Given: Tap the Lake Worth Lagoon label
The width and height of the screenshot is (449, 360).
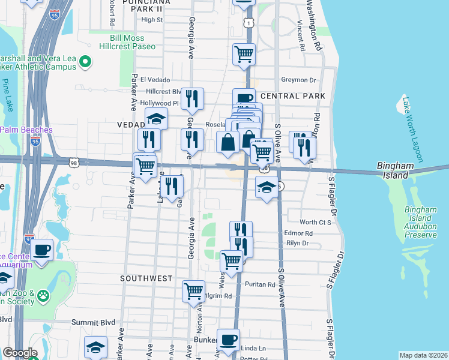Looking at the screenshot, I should click(x=413, y=130).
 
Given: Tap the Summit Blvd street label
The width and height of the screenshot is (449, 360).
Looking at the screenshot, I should click(x=93, y=322).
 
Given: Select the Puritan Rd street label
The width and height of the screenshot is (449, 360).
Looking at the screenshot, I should click(x=259, y=284).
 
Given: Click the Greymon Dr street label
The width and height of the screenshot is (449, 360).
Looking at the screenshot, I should click(x=298, y=80).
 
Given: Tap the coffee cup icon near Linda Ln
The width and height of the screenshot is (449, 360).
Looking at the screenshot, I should click(x=228, y=340).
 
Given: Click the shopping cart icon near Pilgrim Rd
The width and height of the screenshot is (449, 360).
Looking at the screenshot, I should click(x=193, y=292).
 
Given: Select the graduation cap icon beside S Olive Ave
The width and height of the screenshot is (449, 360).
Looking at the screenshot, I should click(x=267, y=188).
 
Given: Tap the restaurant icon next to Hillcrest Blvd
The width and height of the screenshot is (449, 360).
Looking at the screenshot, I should click(x=192, y=98).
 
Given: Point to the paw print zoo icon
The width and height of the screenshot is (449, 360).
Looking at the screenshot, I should click(x=43, y=295).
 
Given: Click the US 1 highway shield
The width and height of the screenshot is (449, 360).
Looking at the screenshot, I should click(x=247, y=22).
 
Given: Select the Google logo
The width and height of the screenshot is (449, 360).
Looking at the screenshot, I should click(x=20, y=353).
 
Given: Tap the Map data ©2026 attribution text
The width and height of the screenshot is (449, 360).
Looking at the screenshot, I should click(x=423, y=355).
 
